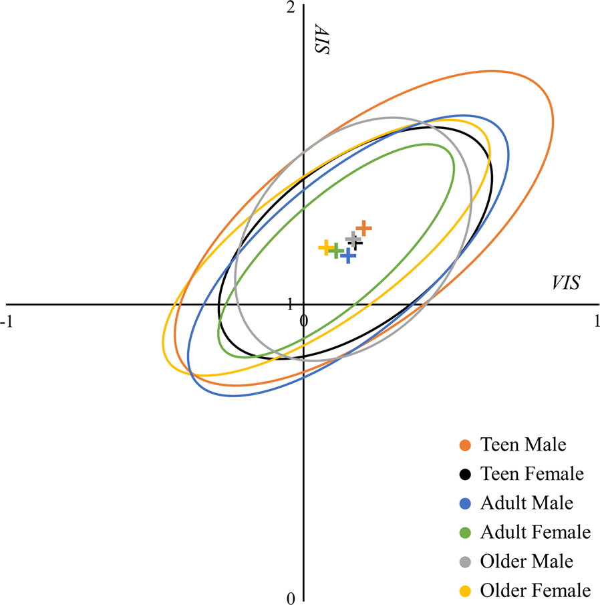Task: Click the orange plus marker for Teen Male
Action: [363, 228]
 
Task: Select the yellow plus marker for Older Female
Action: [326, 247]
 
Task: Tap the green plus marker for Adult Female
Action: [336, 251]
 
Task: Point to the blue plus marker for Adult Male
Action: [348, 255]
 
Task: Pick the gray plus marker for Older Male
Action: [353, 239]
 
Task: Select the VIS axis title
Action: [565, 283]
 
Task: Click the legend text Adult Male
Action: [527, 503]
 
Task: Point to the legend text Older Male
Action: [527, 562]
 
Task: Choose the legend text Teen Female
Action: [532, 475]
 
